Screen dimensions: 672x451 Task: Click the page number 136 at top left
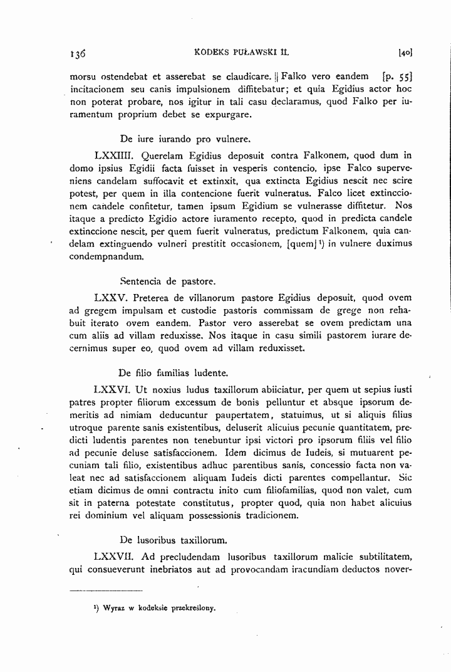pyautogui.click(x=78, y=54)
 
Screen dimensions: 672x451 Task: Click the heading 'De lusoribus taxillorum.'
pyautogui.click(x=172, y=538)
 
